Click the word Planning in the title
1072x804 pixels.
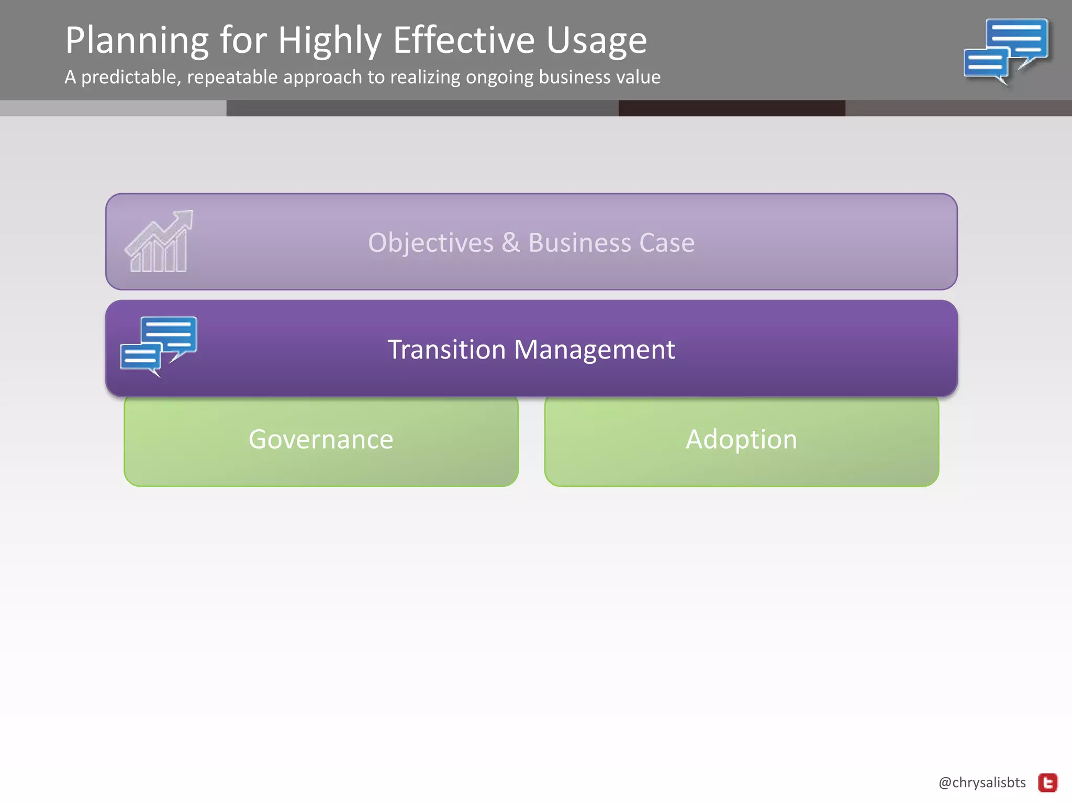point(137,41)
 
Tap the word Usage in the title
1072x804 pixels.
point(597,41)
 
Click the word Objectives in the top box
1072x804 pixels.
point(430,243)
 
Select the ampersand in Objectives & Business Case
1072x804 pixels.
point(510,243)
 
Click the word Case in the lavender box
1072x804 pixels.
point(666,243)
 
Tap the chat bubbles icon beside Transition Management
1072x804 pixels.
point(159,345)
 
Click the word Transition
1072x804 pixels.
point(446,349)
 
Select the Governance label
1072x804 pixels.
point(320,439)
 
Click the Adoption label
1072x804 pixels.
point(741,439)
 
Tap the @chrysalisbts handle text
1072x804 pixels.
point(982,783)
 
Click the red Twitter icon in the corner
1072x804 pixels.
point(1047,783)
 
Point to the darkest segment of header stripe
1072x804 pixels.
point(731,108)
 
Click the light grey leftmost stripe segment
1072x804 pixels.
point(113,108)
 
